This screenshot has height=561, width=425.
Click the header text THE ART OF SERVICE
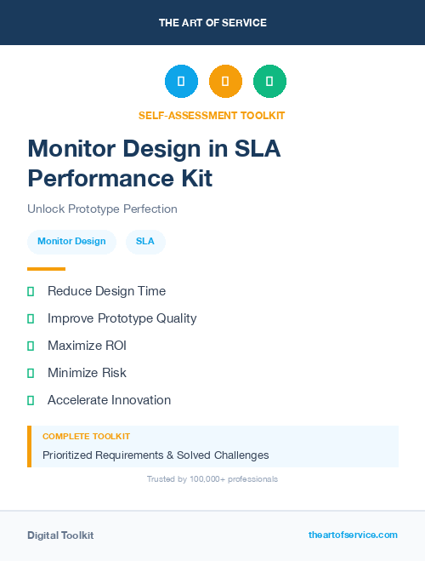pos(212,23)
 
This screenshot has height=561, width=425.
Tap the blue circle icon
pos(181,81)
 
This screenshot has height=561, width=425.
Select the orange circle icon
pos(225,81)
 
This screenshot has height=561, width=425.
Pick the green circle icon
pos(269,81)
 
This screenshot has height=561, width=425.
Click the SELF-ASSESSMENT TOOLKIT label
pos(212,115)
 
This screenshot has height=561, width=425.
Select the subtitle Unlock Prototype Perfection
pos(102,209)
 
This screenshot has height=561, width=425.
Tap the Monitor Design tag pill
pos(71,241)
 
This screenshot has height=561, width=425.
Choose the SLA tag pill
pos(145,241)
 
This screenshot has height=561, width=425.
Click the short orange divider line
pos(46,268)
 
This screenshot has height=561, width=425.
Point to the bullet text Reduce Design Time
pos(106,291)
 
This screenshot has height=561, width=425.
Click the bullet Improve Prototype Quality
pos(122,318)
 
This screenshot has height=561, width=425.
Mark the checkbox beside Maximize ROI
pos(31,346)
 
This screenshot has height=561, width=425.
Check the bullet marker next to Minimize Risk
pos(31,373)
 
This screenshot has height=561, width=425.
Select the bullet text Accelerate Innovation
pos(109,400)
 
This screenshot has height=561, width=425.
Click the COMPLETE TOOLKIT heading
pos(86,437)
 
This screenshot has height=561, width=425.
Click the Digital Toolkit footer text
pos(60,535)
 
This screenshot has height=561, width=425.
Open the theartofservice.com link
pos(353,535)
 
